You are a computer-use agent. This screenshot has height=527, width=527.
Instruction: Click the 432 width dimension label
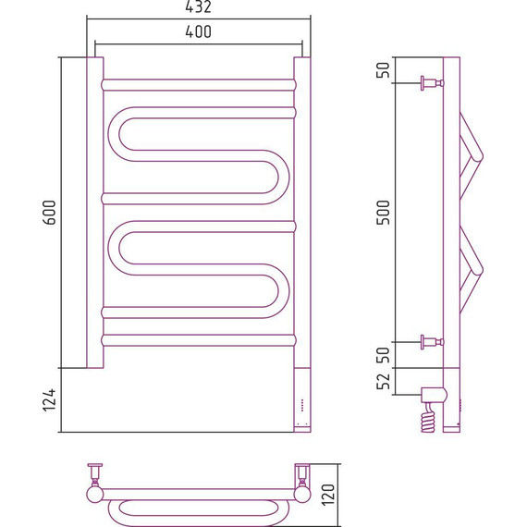point(198,6)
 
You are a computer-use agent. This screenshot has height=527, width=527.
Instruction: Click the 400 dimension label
point(198,31)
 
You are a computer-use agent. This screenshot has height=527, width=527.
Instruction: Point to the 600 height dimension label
point(49,213)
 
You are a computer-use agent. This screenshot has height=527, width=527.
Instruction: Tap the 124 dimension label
point(49,400)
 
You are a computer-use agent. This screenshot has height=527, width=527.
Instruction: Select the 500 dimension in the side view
point(383,213)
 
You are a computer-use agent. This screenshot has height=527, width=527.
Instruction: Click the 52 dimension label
point(383,381)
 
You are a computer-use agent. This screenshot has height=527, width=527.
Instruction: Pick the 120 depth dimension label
point(328,495)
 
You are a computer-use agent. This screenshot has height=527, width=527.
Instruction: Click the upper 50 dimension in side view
point(383,70)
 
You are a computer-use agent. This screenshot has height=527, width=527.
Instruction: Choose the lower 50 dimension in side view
point(383,355)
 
